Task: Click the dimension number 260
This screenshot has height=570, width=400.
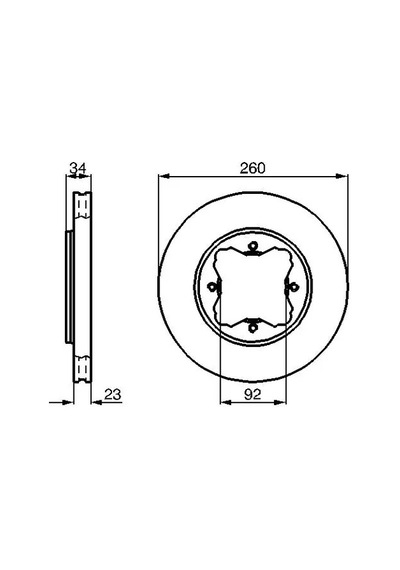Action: (253, 168)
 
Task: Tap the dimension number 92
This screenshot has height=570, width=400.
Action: (253, 394)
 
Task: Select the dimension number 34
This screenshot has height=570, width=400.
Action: (78, 168)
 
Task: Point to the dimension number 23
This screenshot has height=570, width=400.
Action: (112, 394)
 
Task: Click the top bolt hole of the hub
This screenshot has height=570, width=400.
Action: (252, 247)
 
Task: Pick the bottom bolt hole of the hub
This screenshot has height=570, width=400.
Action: (252, 327)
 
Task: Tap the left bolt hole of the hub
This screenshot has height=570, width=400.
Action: (211, 287)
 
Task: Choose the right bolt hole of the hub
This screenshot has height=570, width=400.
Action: (293, 287)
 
